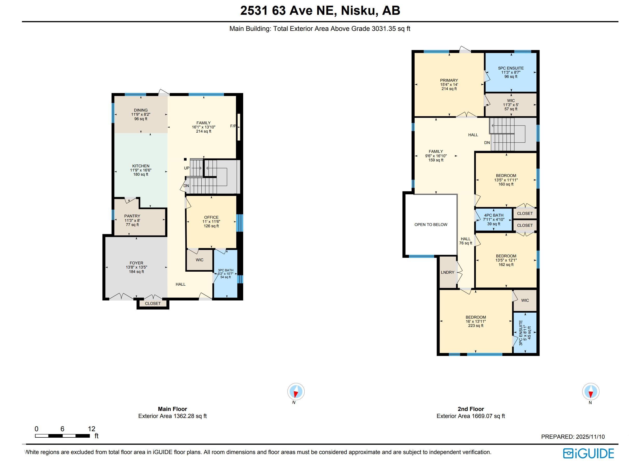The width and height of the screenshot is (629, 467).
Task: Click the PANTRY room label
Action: click(132, 216)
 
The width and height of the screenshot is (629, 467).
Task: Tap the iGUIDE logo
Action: click(588, 453)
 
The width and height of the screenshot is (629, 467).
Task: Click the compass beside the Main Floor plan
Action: click(296, 392)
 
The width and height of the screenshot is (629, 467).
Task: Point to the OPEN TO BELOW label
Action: click(431, 224)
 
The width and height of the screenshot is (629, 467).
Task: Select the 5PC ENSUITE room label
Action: click(511, 68)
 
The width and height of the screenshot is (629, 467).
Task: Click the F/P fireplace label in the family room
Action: click(233, 126)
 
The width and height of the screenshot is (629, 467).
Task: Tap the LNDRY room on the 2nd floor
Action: click(448, 272)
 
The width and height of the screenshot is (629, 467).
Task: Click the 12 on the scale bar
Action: click(91, 429)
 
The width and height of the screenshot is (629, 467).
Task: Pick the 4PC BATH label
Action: click(494, 215)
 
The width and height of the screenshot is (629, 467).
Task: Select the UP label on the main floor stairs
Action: click(187, 168)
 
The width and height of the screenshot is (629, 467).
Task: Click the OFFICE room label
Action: click(211, 217)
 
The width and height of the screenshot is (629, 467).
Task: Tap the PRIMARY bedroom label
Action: click(449, 80)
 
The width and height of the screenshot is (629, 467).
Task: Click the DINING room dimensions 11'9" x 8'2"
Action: click(141, 114)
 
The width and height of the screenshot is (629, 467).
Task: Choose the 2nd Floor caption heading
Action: click(471, 409)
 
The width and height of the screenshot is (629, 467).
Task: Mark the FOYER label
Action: click(136, 263)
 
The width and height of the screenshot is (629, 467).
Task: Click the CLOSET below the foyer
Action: click(153, 303)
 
